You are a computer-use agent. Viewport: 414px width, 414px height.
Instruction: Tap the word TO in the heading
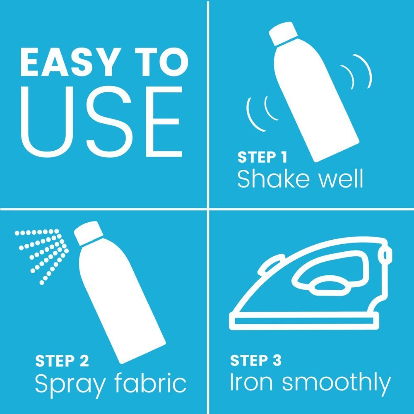click(x=161, y=63)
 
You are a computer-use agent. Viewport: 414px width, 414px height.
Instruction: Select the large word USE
click(x=102, y=122)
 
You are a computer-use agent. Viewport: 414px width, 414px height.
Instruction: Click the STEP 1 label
click(x=262, y=158)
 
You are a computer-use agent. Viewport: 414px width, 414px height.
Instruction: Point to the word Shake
click(x=273, y=178)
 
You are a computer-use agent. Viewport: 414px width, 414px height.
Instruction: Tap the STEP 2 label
click(x=62, y=361)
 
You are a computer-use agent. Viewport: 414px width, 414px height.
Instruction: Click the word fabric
click(x=151, y=382)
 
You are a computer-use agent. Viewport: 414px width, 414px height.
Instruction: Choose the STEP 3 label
click(x=256, y=361)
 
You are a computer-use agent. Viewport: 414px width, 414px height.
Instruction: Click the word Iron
click(x=251, y=382)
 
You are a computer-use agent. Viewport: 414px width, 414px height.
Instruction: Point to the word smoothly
click(x=337, y=384)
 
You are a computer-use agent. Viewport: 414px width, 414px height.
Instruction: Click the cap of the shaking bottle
click(x=283, y=34)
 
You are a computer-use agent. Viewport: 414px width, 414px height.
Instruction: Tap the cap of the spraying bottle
click(x=88, y=233)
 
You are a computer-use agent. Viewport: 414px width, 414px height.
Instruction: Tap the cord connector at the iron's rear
click(x=385, y=255)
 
